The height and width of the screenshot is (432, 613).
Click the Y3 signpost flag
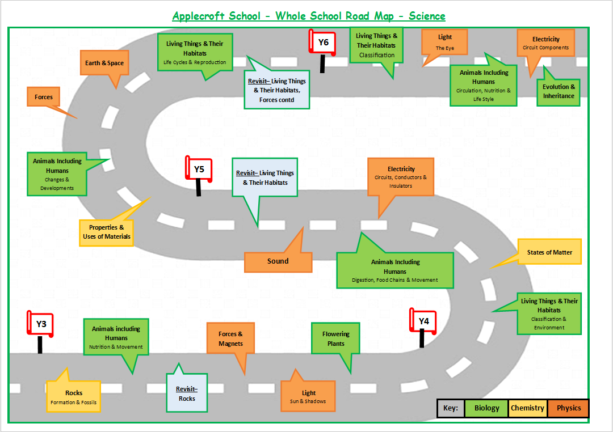[41, 324]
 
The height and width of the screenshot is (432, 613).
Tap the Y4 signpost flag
[423, 321]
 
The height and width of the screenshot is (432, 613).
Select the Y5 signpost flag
[199, 169]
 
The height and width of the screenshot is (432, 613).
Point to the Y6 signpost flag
[322, 42]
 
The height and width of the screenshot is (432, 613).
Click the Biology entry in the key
[486, 408]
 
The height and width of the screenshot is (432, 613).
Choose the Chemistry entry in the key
[527, 408]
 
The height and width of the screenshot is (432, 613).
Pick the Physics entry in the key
[568, 408]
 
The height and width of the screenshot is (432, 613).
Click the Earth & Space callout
[104, 63]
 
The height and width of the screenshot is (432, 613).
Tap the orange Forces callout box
[44, 97]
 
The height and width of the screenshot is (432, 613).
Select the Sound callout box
[278, 261]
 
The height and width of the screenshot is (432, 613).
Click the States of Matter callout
[549, 252]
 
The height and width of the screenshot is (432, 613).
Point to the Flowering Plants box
[336, 338]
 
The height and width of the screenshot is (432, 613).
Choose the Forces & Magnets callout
[230, 338]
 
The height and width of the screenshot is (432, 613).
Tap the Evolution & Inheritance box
[559, 91]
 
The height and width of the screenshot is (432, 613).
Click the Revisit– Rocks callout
[187, 393]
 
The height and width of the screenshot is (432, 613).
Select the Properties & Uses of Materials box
[106, 232]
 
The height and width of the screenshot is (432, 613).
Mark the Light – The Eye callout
[445, 43]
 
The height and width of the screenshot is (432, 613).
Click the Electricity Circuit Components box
[545, 43]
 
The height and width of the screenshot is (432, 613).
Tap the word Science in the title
[427, 16]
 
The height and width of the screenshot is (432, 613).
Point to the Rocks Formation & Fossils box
[74, 397]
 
